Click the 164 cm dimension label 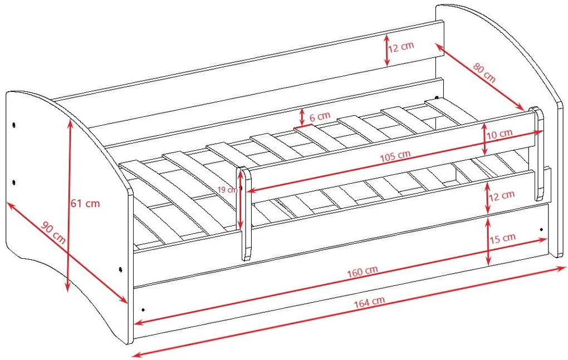369,302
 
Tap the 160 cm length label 363,271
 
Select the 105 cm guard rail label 395,156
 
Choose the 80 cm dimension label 484,73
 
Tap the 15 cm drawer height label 502,239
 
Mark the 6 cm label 320,116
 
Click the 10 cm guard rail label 500,134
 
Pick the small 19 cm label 228,189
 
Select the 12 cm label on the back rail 401,47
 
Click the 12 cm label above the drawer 502,196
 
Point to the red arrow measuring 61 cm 68,205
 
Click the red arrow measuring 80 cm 480,77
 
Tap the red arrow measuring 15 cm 488,240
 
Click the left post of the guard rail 246,214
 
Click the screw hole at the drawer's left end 143,310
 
